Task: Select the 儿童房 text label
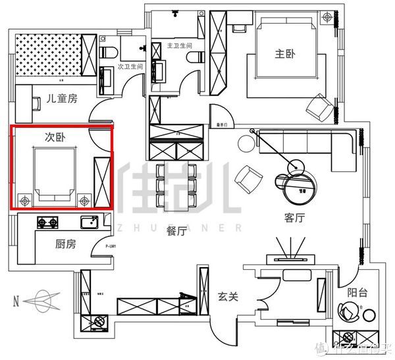point(62,99)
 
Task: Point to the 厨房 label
point(62,244)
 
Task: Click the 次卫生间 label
point(130,66)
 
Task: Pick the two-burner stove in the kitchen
point(47,222)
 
